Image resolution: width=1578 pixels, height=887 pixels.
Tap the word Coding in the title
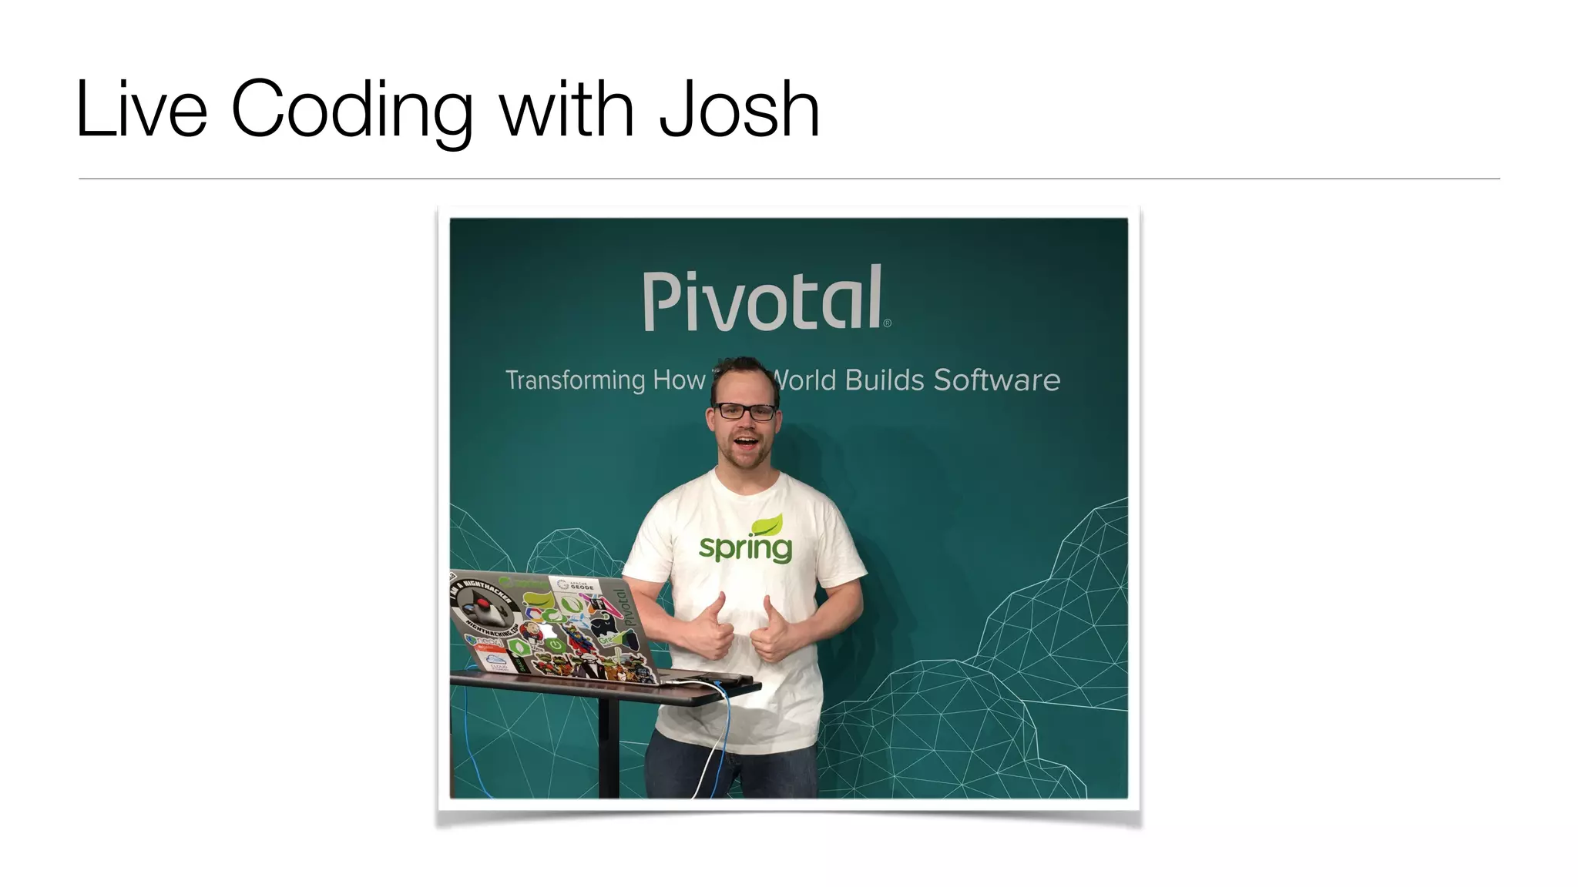click(351, 110)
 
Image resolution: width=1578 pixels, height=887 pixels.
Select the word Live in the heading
click(142, 110)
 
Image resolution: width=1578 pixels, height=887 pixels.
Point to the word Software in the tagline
click(996, 380)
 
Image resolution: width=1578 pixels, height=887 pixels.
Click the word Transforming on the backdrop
click(575, 380)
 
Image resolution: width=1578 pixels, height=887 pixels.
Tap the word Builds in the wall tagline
click(884, 380)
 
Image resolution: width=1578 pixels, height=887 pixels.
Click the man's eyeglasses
click(744, 411)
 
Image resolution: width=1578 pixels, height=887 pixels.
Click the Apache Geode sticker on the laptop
click(576, 586)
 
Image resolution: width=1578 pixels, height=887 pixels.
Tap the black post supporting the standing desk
click(609, 747)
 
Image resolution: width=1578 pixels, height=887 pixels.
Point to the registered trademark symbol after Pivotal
click(887, 323)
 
